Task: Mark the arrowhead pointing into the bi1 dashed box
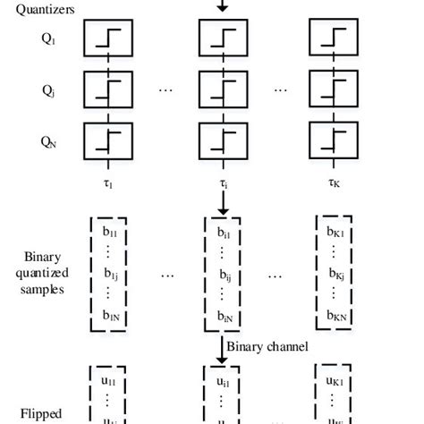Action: tap(221, 211)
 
